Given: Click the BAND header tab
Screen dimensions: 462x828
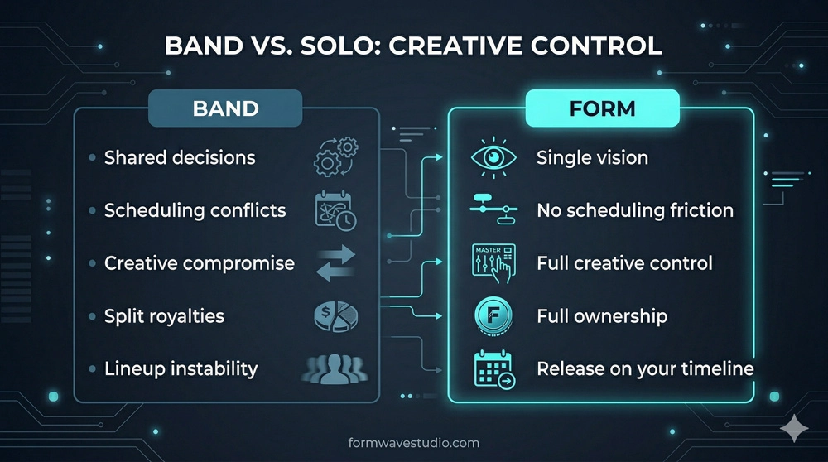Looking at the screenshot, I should [x=225, y=108].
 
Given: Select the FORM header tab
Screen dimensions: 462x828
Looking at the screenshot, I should [x=603, y=108].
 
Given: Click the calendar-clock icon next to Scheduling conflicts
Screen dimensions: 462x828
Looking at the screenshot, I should [x=335, y=209].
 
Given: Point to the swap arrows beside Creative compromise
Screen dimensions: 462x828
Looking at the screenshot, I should [x=335, y=262].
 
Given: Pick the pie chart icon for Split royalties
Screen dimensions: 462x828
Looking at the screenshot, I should [x=335, y=315].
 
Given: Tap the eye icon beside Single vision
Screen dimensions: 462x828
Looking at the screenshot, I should [x=493, y=157].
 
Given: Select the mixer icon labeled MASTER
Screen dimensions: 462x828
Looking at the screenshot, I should [x=493, y=263].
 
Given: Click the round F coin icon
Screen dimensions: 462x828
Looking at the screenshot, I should [x=493, y=316].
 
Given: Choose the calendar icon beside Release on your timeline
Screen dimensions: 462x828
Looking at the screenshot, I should [x=493, y=368].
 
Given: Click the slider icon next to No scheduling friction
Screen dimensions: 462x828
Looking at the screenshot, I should [x=493, y=209].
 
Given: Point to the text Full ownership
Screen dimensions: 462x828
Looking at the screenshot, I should [x=601, y=316].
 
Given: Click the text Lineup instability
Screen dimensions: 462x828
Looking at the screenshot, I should [x=181, y=368].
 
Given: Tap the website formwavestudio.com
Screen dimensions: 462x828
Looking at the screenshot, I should [x=415, y=444].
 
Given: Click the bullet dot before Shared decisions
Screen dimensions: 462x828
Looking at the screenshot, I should [x=91, y=157].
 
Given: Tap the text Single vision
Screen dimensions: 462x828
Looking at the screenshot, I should [x=591, y=157].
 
